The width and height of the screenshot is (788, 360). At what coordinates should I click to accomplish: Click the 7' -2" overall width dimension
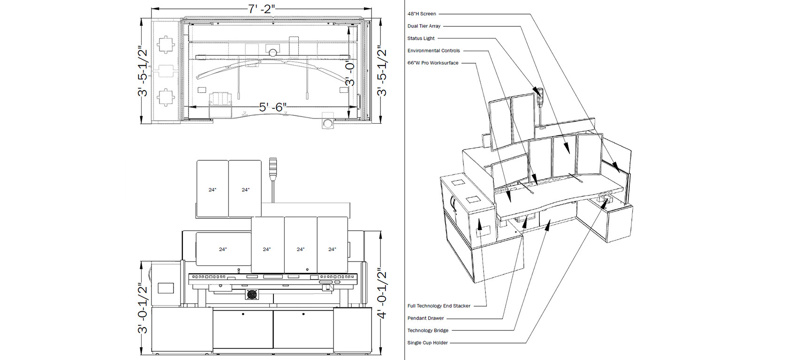tap(261, 8)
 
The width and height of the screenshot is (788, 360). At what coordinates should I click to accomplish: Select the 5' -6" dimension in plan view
tap(273, 107)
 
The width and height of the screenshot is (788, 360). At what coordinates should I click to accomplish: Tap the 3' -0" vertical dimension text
tap(350, 73)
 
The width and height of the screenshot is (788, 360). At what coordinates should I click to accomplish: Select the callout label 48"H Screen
tap(421, 14)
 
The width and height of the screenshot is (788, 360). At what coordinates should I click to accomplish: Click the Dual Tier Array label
tap(424, 26)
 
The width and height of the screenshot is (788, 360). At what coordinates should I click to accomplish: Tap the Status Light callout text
tap(421, 38)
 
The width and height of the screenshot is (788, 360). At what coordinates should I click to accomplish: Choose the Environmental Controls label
tap(433, 51)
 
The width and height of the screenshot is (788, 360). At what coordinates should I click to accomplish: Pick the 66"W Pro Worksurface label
tap(432, 63)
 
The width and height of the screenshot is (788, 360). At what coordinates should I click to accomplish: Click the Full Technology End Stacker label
tap(439, 306)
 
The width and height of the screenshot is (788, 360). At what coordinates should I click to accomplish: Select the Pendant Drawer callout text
tap(425, 318)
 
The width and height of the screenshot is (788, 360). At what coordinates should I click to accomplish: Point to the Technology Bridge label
tap(428, 330)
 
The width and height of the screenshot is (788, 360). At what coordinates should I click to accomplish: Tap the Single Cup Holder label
tap(427, 343)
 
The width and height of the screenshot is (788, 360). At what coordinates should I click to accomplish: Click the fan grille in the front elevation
tap(252, 294)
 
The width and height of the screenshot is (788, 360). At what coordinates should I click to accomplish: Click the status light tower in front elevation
tap(273, 167)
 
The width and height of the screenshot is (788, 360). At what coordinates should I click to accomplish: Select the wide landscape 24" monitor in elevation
tap(223, 249)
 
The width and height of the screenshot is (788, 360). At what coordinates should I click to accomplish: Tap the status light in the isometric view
tap(540, 93)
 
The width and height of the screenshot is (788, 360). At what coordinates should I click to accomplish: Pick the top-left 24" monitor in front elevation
tap(212, 189)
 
